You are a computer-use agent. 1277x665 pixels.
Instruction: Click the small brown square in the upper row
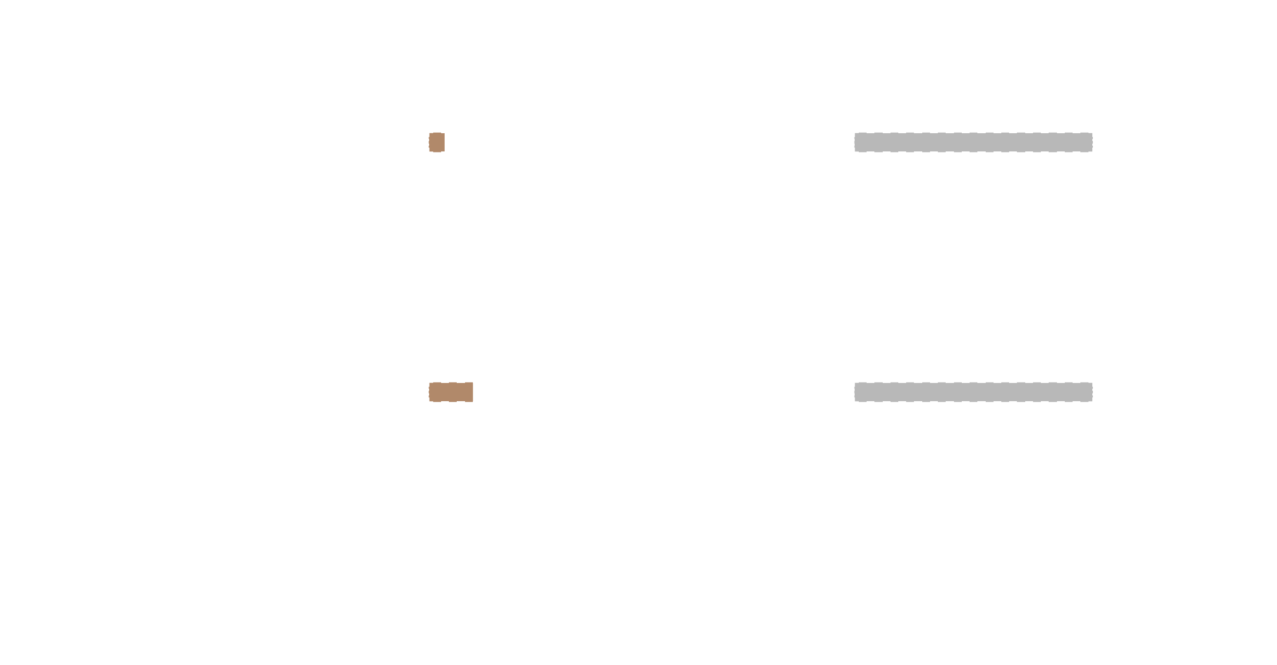coord(437,142)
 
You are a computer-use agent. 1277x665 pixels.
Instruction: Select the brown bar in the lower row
coord(451,392)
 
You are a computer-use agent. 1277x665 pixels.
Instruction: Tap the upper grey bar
coord(973,142)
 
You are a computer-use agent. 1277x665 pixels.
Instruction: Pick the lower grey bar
coord(973,392)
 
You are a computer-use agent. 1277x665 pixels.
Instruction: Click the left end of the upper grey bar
coord(856,142)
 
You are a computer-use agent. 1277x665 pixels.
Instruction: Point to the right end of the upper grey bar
coord(1091,142)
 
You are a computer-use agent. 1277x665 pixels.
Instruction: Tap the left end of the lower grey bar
coord(856,392)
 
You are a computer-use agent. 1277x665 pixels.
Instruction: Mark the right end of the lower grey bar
coord(1091,392)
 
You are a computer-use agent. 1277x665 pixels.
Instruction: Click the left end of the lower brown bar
coord(431,392)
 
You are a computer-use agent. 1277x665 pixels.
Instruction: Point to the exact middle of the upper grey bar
coord(973,142)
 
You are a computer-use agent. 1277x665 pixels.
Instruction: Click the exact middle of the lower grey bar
coord(973,392)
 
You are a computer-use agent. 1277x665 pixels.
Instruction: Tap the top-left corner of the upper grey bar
coord(855,133)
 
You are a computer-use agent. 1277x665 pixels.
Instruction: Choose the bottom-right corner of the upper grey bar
coord(1092,151)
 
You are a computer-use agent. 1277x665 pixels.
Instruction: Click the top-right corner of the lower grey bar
coord(1092,383)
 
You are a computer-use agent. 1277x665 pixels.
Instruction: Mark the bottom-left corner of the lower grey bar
coord(855,401)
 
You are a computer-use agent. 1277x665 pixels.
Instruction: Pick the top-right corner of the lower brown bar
coord(472,383)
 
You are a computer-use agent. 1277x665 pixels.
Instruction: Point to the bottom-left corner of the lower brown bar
coord(430,401)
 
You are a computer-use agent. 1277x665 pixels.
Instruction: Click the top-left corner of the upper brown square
coord(430,133)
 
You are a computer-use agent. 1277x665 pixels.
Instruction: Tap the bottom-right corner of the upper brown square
coord(444,151)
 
